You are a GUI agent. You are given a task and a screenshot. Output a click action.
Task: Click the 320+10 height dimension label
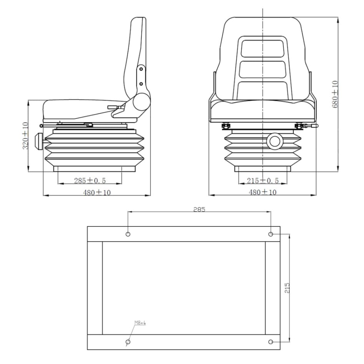click(x=25, y=136)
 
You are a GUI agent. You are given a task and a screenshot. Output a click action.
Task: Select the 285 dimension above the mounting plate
click(x=199, y=209)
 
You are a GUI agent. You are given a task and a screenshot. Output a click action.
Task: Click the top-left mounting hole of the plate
click(x=128, y=234)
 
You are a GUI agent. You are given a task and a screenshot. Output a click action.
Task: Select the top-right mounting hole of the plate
click(x=271, y=234)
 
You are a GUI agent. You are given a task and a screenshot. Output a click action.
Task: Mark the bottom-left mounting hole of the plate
click(x=128, y=342)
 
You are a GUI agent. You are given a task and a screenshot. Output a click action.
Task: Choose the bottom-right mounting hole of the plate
click(x=271, y=342)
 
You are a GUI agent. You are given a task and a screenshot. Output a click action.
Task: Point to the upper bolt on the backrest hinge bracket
click(x=141, y=70)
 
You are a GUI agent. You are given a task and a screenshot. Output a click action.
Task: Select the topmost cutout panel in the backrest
click(x=263, y=48)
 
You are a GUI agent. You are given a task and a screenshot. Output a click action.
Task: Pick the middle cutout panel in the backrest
click(x=263, y=69)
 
